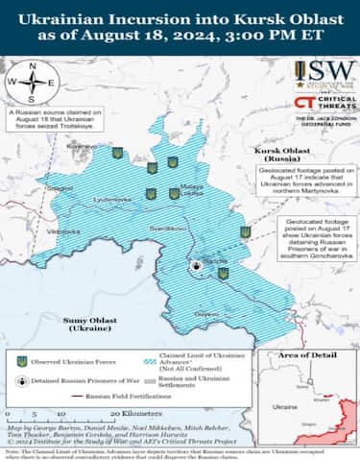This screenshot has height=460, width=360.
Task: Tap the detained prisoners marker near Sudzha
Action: (196, 264)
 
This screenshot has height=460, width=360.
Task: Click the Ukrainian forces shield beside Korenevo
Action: (117, 153)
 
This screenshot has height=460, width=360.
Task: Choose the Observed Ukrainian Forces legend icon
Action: (21, 362)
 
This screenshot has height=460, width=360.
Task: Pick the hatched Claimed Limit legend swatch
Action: (145, 362)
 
